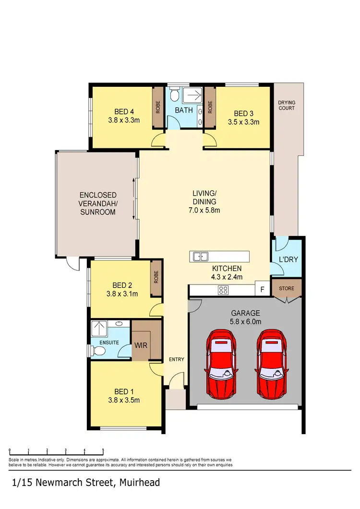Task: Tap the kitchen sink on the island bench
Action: coord(201,257)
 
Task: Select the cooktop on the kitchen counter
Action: coord(224,290)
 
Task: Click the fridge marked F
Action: coord(262,289)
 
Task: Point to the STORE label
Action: coord(286,289)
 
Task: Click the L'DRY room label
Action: coord(288,260)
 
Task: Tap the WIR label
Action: coord(141,345)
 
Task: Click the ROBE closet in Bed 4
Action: coord(157,107)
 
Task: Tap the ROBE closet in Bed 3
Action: coord(210,107)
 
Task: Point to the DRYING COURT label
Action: coord(287,105)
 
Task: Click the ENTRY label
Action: coord(176,359)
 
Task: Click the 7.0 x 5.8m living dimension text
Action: coord(204,210)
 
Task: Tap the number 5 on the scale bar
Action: coord(103,450)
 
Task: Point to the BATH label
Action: coord(183,110)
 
